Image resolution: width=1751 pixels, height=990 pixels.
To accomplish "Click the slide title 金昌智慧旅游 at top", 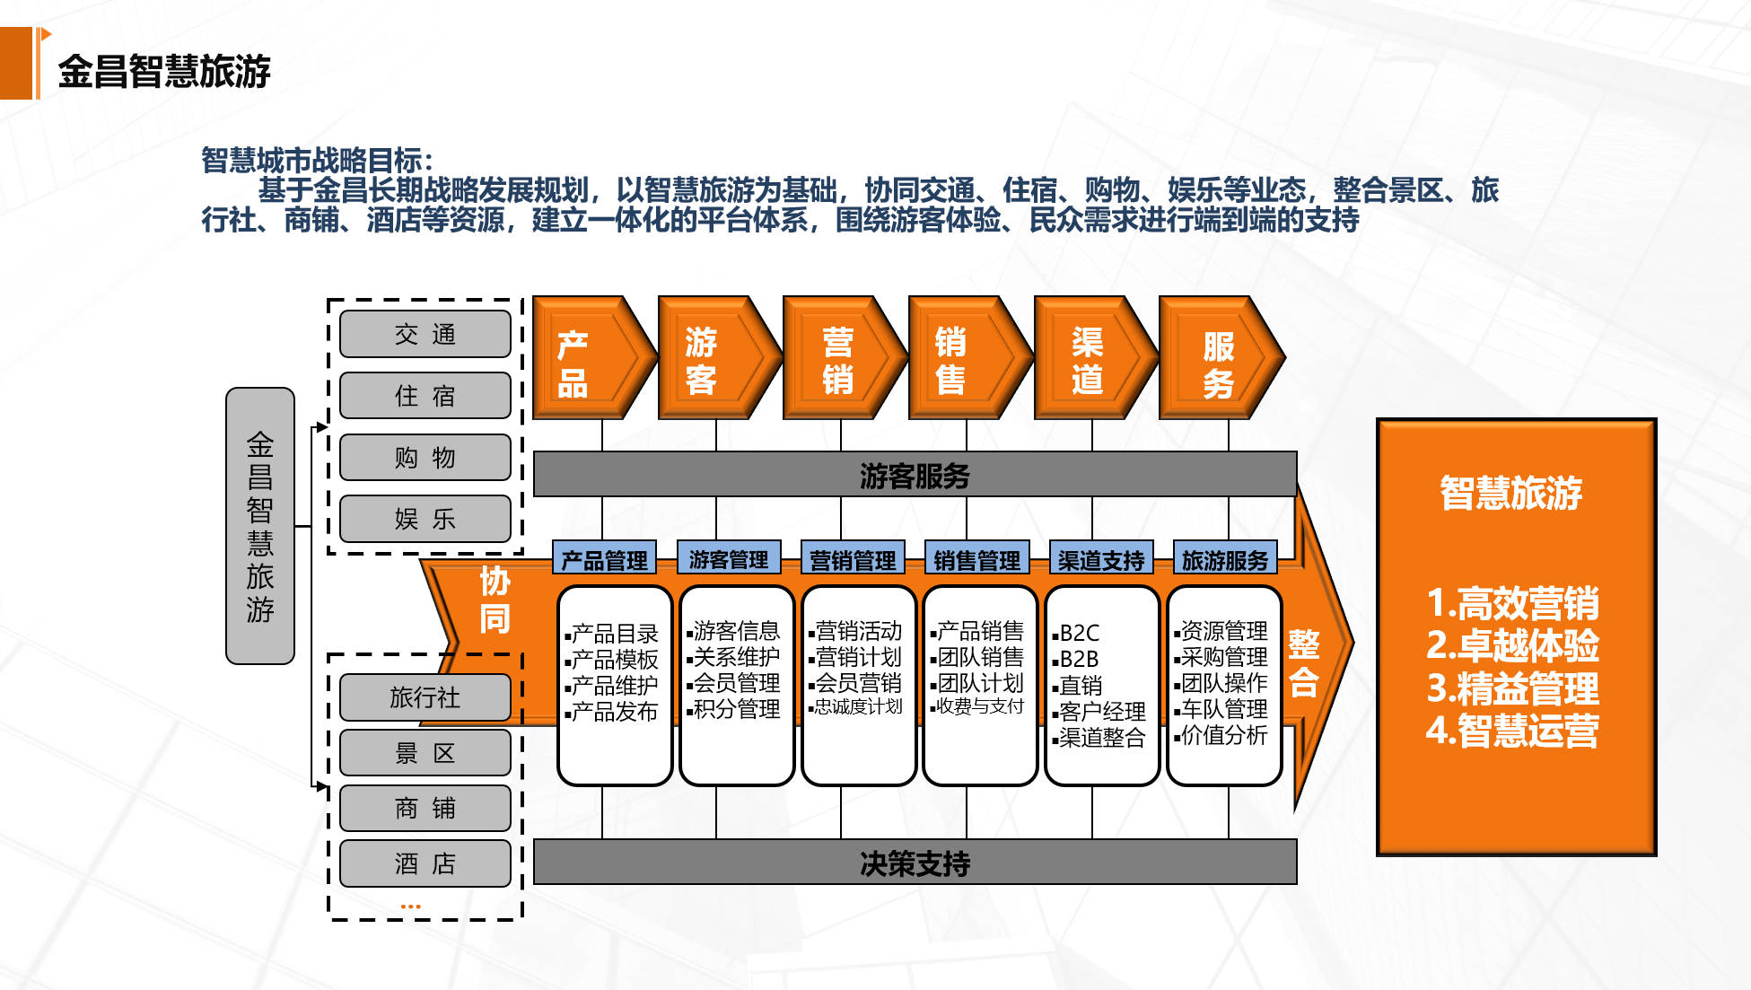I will coord(164,71).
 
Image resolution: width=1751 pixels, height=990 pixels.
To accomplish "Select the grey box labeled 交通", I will coord(425,334).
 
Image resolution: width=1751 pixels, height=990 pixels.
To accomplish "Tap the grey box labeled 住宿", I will coord(425,395).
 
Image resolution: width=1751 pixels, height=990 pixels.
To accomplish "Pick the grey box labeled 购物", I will coord(425,457).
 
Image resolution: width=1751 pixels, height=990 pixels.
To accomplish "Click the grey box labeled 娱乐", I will coord(425,518).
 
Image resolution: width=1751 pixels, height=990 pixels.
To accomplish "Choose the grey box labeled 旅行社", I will coord(425,697).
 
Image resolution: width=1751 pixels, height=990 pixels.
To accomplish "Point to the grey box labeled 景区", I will coord(425,752).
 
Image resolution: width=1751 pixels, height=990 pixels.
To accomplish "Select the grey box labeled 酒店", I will coord(425,863).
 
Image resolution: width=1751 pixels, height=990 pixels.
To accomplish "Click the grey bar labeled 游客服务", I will coord(915,475).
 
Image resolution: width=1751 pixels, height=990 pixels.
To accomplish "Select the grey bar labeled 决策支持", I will coord(915,863).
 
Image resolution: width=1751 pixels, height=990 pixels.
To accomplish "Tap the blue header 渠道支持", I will coord(1100,560).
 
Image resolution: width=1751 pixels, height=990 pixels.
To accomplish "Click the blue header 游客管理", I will coord(728,559).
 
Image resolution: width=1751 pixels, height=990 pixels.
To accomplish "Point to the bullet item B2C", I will coord(1079,632).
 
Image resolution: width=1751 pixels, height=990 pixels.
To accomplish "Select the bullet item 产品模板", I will coord(614,659).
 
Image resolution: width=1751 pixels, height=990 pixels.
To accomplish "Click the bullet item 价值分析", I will coord(1223,735).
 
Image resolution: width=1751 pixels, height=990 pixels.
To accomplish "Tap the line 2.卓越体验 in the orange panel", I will coord(1513,645).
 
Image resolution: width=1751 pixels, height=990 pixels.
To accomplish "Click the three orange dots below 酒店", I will coord(410,907).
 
